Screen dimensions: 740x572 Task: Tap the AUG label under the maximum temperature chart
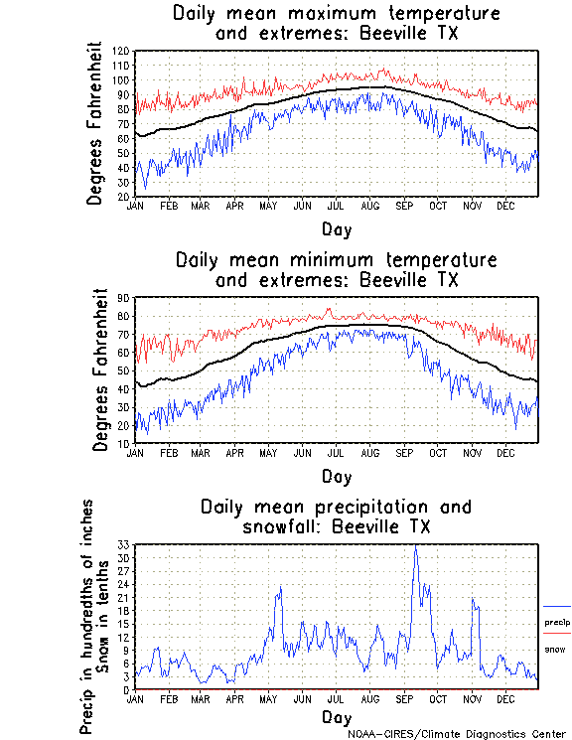point(369,206)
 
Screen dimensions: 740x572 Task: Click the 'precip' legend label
point(557,623)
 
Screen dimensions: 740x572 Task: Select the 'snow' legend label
point(555,649)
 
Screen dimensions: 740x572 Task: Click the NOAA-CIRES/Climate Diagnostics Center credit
point(457,734)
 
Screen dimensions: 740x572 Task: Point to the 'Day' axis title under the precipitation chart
point(336,717)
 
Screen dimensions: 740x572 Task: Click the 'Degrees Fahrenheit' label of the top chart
point(95,122)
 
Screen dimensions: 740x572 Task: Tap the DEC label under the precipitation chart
point(504,698)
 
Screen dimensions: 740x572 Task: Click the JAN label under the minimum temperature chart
point(135,452)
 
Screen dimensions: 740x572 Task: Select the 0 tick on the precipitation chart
point(127,689)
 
